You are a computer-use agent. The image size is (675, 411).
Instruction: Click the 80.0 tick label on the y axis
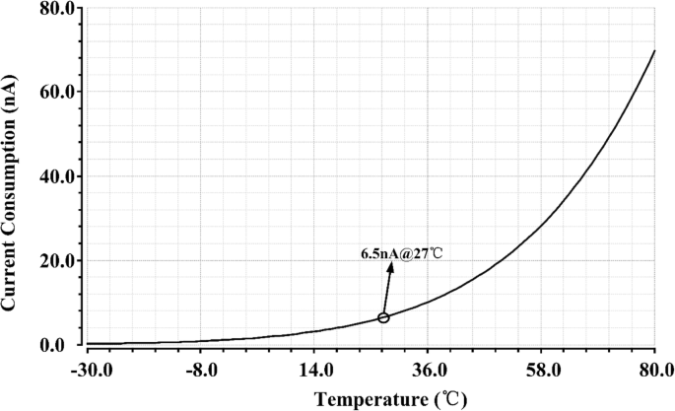[58, 8]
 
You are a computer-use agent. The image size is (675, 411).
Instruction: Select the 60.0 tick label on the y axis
[58, 92]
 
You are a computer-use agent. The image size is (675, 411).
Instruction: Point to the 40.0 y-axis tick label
[58, 176]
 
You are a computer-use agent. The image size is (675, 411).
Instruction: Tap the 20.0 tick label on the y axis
[58, 261]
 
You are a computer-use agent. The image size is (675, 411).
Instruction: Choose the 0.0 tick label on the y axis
[62, 345]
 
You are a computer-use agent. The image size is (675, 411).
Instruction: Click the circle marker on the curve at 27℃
[383, 317]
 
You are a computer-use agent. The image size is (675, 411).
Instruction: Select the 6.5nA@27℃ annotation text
[402, 253]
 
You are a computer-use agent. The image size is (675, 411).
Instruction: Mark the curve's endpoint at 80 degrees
[655, 50]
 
